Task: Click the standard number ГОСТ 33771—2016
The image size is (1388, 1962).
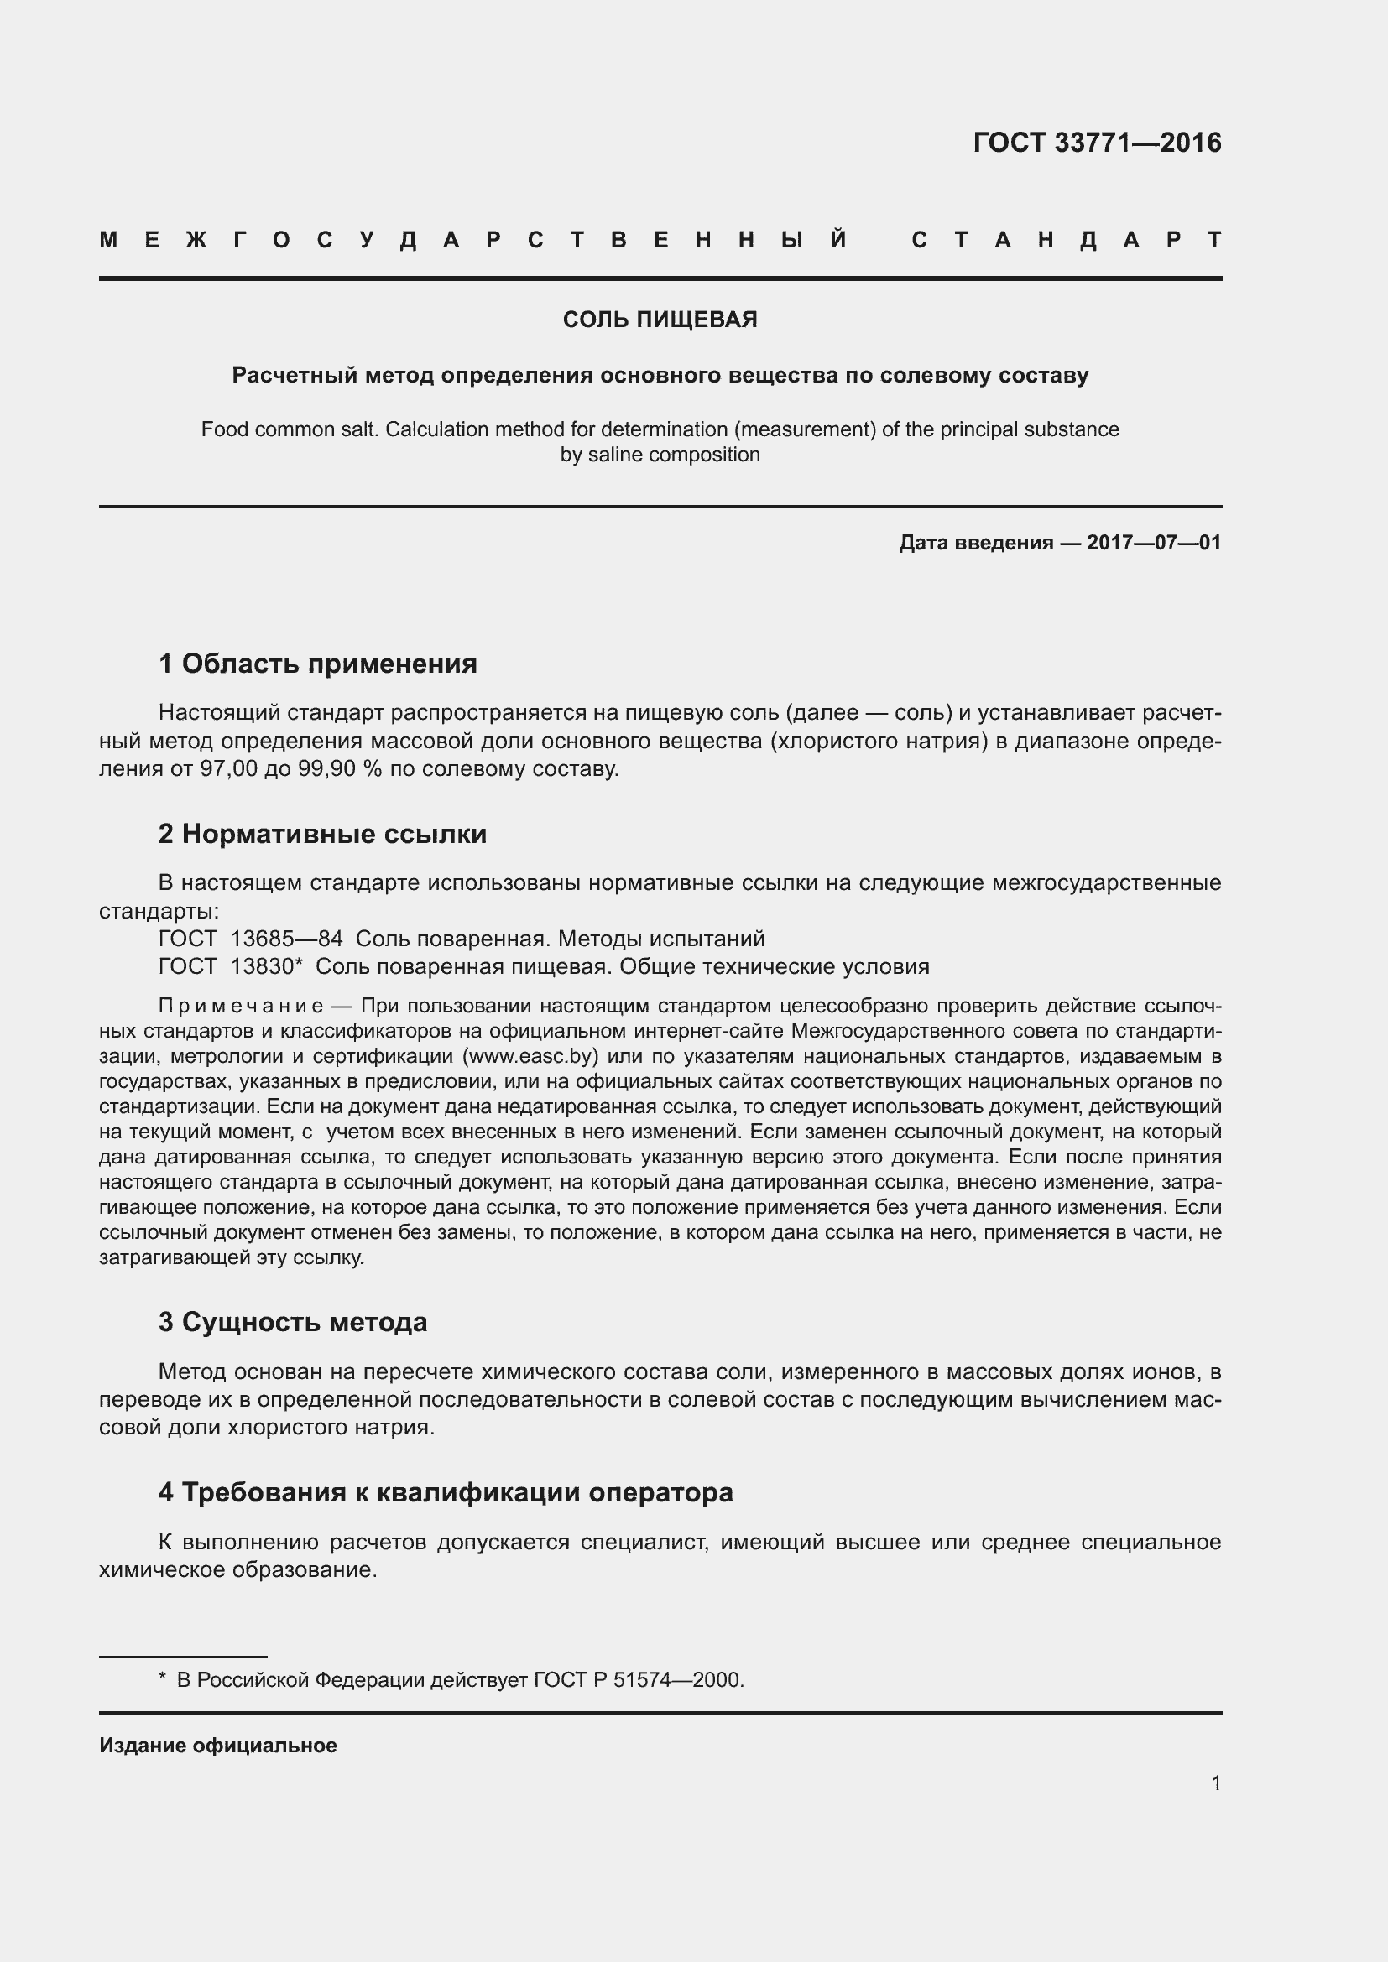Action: [x=1097, y=143]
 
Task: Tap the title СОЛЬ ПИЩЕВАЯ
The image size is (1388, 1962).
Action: [x=660, y=320]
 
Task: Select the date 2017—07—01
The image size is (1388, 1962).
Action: [x=1154, y=543]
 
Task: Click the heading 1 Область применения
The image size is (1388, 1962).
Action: [x=318, y=664]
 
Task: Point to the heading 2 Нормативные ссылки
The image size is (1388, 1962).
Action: [x=322, y=833]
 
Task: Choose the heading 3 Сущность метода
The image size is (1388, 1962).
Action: [x=292, y=1322]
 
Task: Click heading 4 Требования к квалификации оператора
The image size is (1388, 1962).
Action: [x=446, y=1492]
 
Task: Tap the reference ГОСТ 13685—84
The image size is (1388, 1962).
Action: [x=250, y=939]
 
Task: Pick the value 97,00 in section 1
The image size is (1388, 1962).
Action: [x=228, y=768]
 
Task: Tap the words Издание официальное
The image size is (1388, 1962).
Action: [x=218, y=1745]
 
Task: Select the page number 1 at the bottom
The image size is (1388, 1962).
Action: [x=1215, y=1782]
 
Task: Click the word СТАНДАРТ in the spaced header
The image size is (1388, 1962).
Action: [x=1066, y=240]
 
